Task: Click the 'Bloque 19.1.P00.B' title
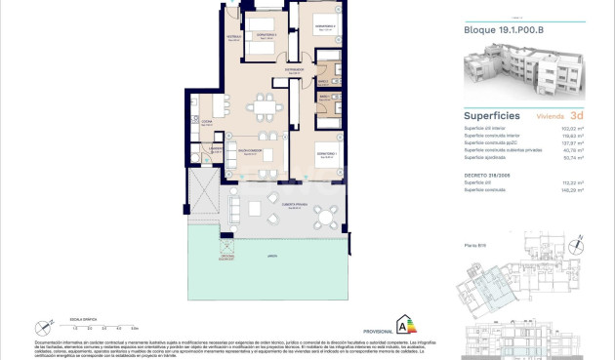coord(503,29)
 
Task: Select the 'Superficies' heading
coord(492,115)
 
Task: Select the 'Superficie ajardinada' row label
coord(490,157)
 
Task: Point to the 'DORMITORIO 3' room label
coord(266,35)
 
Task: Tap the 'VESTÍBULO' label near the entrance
coord(234,37)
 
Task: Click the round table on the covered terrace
coord(258,208)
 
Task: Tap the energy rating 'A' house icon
coord(399,323)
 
